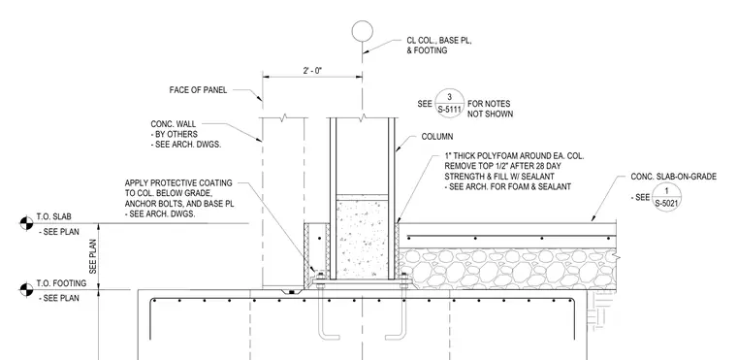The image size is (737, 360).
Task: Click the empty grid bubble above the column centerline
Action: coord(363,31)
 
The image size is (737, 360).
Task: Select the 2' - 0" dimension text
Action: coord(312,71)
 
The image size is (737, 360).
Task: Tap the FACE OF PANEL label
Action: coord(198,90)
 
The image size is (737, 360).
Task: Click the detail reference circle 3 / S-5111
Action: coord(449,104)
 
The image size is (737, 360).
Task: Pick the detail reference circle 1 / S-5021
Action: coord(666,197)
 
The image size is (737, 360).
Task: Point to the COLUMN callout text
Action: coord(437,137)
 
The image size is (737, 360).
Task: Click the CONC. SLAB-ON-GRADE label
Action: coord(674,177)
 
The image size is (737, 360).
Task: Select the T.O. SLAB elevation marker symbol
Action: coord(27,223)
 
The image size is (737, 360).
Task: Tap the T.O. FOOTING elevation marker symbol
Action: coord(27,289)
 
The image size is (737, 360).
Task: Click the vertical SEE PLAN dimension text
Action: coord(92,256)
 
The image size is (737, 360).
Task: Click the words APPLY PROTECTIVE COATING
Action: coord(178,182)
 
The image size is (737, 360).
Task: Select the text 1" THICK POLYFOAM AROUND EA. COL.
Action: coord(514,156)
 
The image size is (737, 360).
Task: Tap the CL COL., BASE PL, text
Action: coord(439,41)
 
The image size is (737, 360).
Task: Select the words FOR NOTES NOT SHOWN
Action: coord(490,109)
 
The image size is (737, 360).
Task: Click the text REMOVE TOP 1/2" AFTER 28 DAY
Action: coord(502,166)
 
